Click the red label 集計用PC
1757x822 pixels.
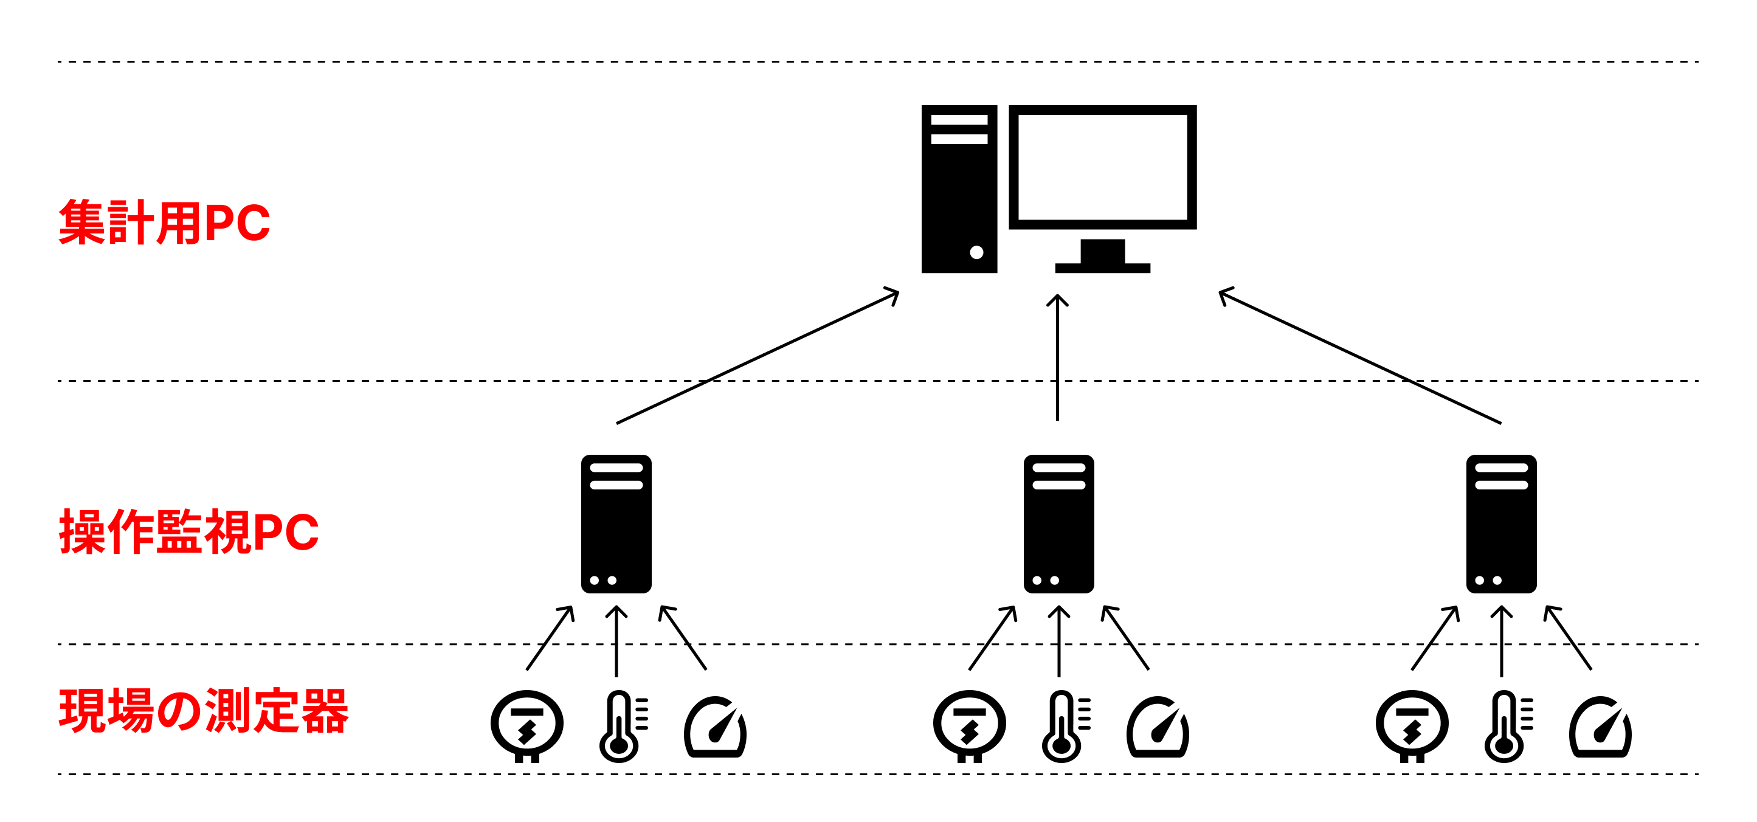tap(164, 223)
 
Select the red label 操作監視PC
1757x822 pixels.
tap(188, 531)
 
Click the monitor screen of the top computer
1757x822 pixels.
tap(1102, 167)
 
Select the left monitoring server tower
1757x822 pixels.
tap(616, 524)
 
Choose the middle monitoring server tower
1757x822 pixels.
tap(1058, 524)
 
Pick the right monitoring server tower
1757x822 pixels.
tap(1500, 524)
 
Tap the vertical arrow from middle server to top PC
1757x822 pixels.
tap(1057, 358)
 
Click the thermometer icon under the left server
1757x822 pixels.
tap(621, 727)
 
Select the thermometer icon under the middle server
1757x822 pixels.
tap(1063, 727)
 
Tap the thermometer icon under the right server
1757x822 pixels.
tap(1505, 727)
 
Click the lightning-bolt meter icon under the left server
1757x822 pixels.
tap(526, 725)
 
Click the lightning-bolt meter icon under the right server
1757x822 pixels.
tap(1411, 725)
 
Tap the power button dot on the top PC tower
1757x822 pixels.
tap(976, 252)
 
